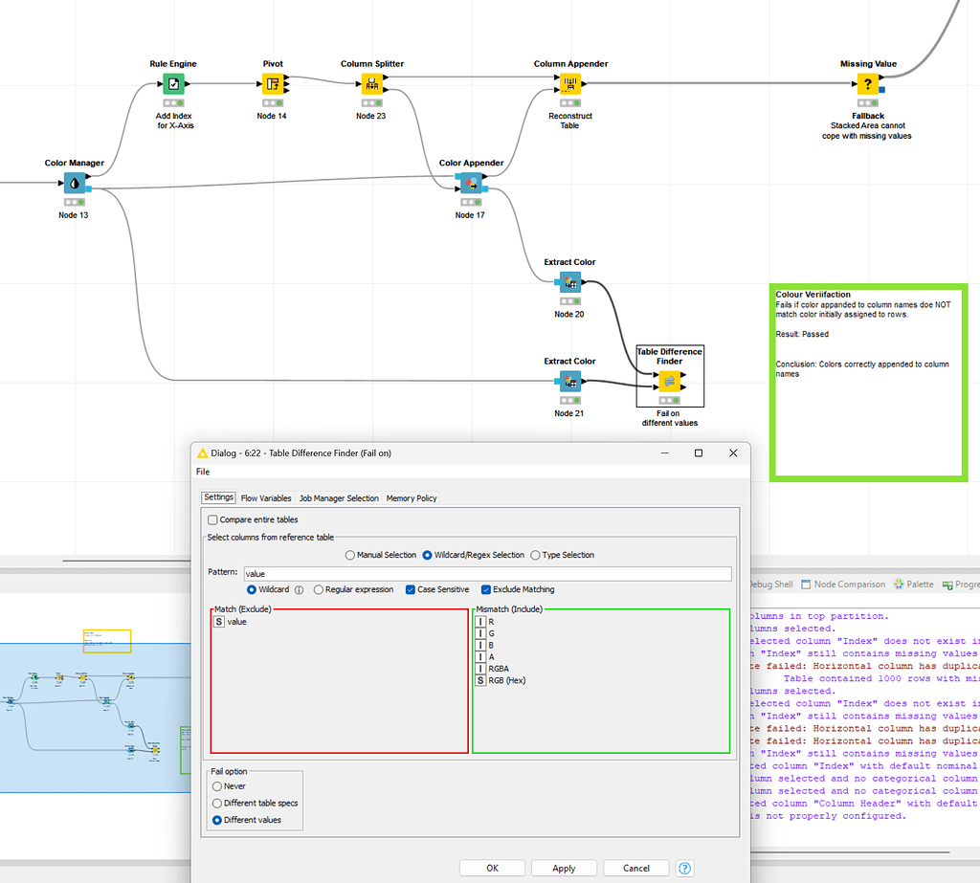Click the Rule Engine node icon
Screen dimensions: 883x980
tap(172, 84)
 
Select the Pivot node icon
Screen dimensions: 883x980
tap(273, 84)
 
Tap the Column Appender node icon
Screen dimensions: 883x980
tap(570, 84)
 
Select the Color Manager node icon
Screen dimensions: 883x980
tap(74, 184)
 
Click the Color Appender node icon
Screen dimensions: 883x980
tap(470, 184)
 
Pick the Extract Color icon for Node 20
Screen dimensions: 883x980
tap(569, 282)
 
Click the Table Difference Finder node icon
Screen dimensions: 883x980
tap(669, 382)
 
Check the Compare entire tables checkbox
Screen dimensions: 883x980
tap(212, 519)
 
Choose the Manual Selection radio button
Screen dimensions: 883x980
tap(350, 555)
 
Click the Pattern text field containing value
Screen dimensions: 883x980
tap(486, 574)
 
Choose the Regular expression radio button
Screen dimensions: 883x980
tap(319, 589)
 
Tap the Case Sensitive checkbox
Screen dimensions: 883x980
tap(411, 589)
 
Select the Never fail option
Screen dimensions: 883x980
tap(217, 785)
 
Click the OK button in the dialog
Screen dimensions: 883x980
tap(492, 868)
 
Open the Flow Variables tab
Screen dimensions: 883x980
tap(265, 497)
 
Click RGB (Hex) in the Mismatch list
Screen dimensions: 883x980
tap(506, 680)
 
